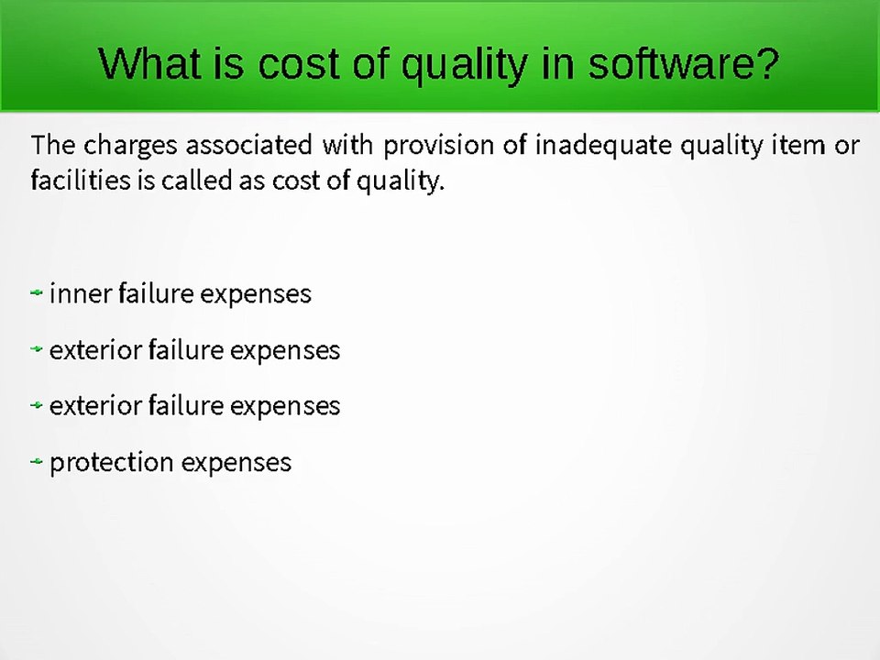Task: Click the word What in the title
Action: click(x=149, y=63)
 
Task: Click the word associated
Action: click(x=249, y=145)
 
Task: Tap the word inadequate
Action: click(x=603, y=146)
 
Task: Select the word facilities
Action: click(x=81, y=181)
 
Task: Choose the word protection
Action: click(x=111, y=463)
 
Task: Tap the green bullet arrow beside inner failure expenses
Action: click(x=37, y=292)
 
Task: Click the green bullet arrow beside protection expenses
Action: click(x=37, y=462)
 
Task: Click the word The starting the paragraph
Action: click(x=53, y=145)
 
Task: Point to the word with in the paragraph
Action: click(x=348, y=145)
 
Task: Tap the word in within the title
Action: click(x=558, y=63)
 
